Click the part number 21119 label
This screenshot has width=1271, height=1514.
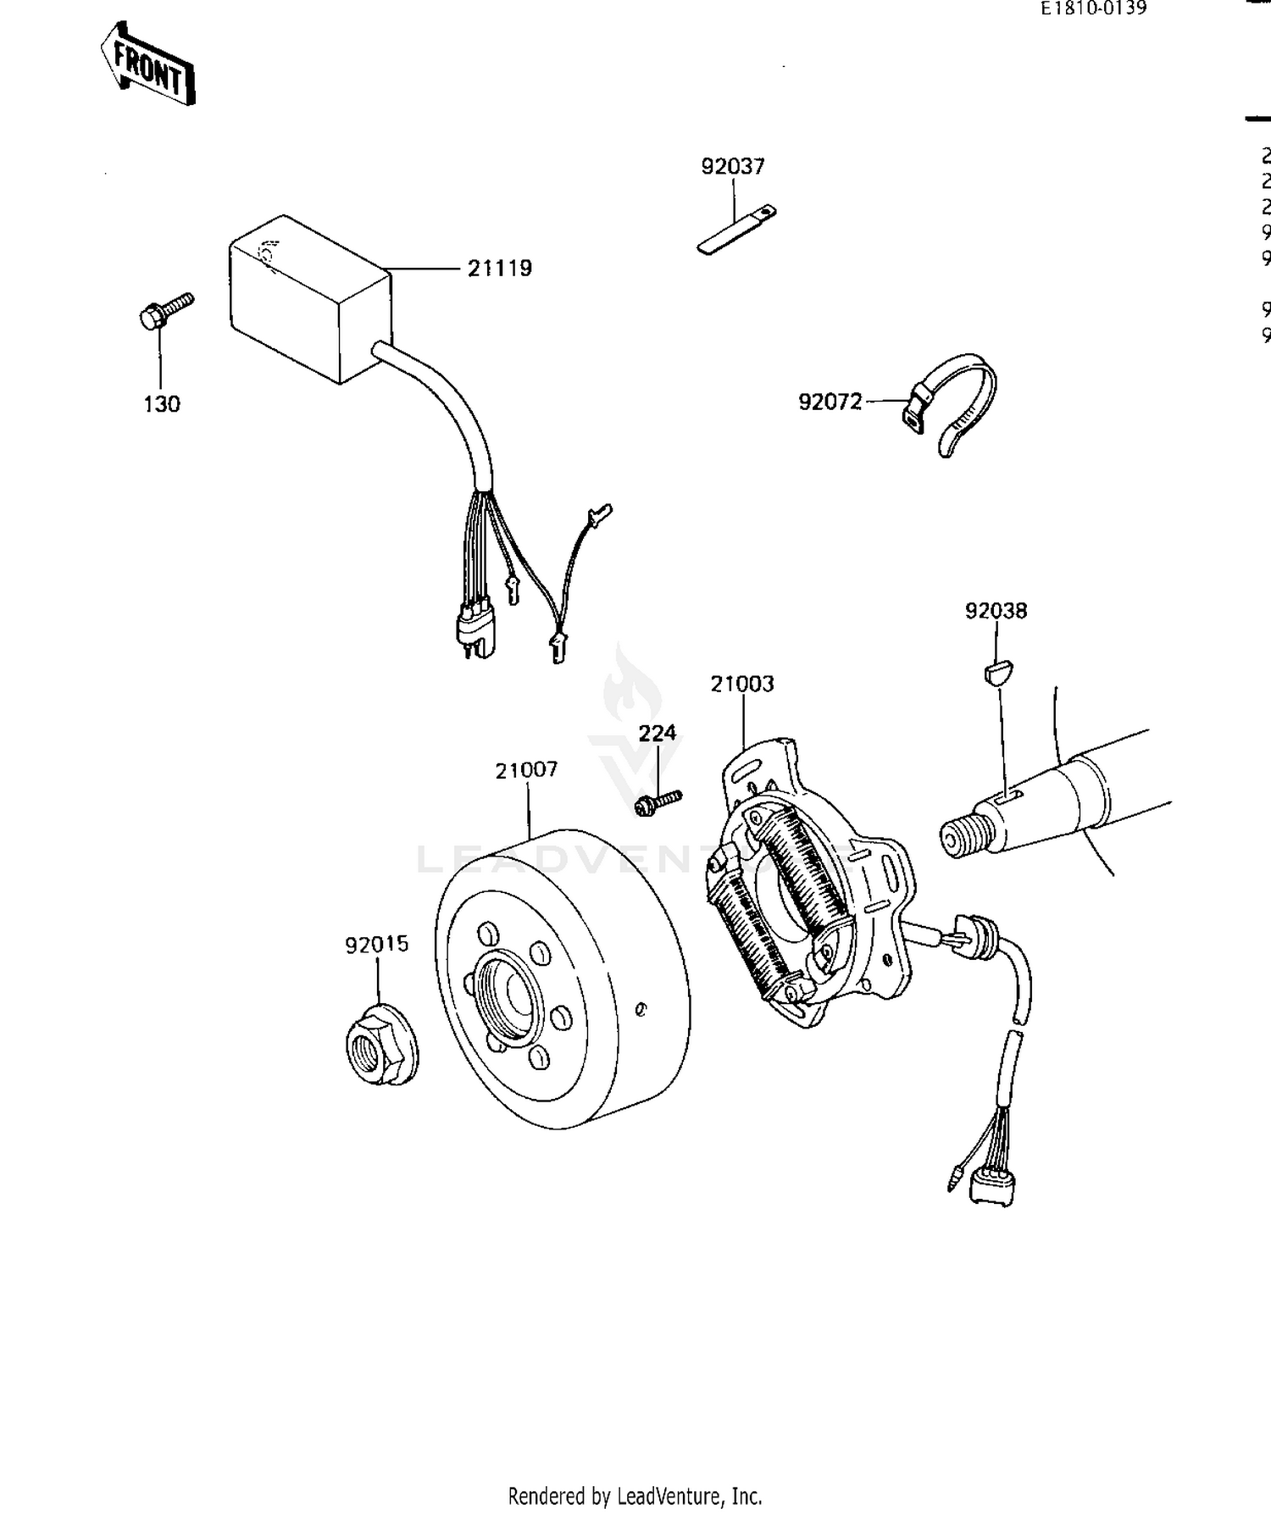[500, 269]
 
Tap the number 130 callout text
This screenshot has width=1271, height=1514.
[161, 405]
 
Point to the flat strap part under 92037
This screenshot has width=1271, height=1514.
[735, 230]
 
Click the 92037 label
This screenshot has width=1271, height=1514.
[733, 167]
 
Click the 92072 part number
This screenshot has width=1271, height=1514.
[830, 402]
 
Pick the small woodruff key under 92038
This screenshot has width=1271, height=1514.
[997, 673]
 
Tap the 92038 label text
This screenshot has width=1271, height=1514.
[996, 611]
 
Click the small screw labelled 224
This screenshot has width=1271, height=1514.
[658, 801]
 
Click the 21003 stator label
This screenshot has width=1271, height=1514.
[741, 684]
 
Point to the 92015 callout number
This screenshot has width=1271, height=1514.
[376, 944]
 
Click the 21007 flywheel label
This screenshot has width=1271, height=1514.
[526, 770]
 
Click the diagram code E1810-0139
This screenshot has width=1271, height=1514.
[1094, 8]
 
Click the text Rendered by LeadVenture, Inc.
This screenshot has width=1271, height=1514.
[635, 1495]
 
